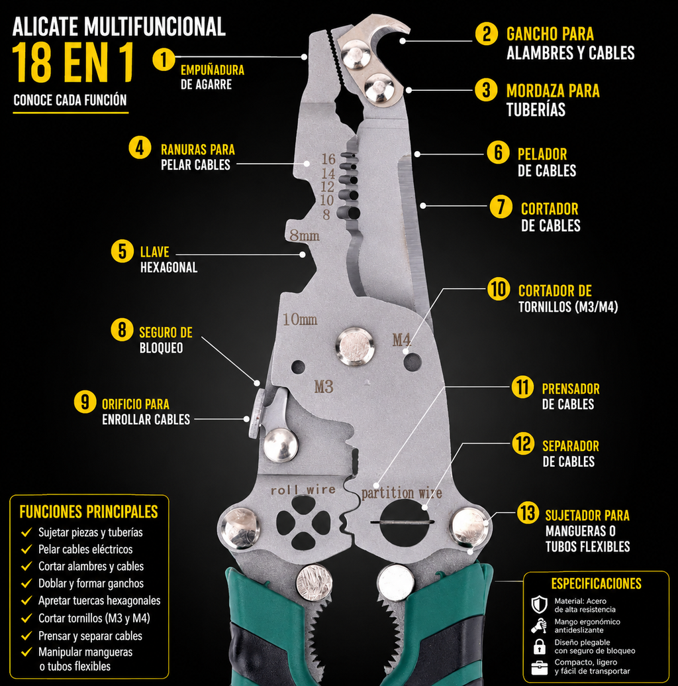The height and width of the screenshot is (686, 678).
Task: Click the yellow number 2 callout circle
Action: pyautogui.click(x=487, y=34)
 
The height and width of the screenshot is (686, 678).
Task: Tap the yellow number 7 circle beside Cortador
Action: pyautogui.click(x=501, y=207)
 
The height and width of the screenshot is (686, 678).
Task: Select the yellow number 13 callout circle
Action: pyautogui.click(x=528, y=513)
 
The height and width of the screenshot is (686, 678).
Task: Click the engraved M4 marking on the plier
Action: pyautogui.click(x=402, y=339)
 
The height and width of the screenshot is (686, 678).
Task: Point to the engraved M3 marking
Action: pyautogui.click(x=324, y=387)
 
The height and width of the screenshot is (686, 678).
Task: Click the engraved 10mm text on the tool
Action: pyautogui.click(x=300, y=319)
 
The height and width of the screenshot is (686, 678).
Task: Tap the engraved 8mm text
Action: pyautogui.click(x=305, y=236)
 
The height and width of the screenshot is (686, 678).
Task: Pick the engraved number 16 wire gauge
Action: pyautogui.click(x=328, y=159)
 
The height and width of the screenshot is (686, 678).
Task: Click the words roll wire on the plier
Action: pyautogui.click(x=303, y=490)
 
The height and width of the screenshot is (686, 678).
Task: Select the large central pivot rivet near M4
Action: pyautogui.click(x=355, y=347)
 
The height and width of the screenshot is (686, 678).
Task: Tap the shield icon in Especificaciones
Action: pyautogui.click(x=540, y=604)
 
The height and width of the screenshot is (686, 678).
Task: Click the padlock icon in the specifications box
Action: pyautogui.click(x=540, y=646)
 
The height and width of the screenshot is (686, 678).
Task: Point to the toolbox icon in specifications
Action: pyautogui.click(x=540, y=667)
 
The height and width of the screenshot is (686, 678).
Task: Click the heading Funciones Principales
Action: pyautogui.click(x=89, y=512)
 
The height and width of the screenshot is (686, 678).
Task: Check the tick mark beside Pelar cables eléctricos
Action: pyautogui.click(x=26, y=549)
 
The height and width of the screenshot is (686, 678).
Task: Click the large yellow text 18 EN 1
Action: pyautogui.click(x=73, y=62)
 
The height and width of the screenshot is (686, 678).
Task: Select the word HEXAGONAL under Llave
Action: pyautogui.click(x=169, y=267)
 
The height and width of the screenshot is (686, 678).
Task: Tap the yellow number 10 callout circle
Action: pyautogui.click(x=499, y=289)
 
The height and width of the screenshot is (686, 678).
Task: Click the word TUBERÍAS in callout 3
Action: pyautogui.click(x=536, y=109)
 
